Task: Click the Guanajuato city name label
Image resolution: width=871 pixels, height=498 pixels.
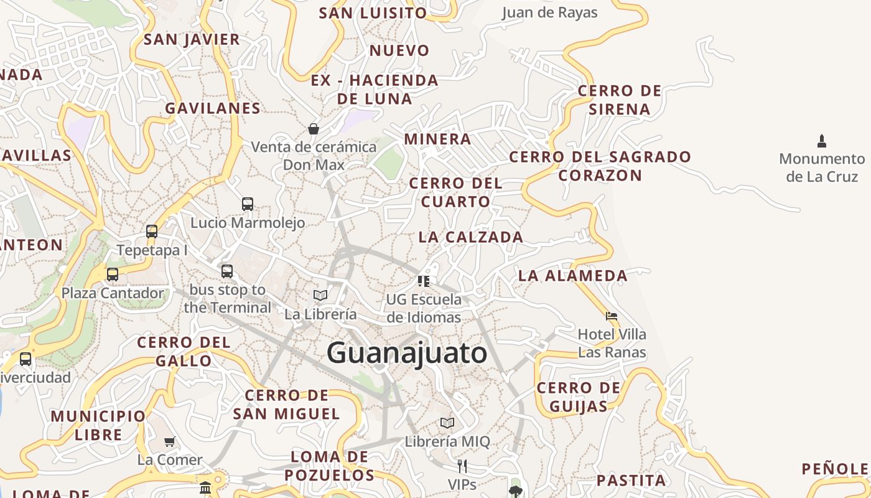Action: pos(407,353)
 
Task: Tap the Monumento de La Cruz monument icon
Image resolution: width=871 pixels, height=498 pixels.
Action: pos(822,141)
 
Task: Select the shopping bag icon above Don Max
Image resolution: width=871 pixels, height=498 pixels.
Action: pos(314,129)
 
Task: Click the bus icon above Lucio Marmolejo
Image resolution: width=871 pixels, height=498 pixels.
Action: pos(247,204)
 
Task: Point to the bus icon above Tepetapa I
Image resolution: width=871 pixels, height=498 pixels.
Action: pos(152,232)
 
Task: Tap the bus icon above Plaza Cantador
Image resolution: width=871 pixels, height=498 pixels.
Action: pos(113,274)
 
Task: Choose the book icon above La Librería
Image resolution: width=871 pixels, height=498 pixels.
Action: pos(320,295)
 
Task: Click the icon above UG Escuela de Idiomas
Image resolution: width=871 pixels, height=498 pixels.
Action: pos(424,281)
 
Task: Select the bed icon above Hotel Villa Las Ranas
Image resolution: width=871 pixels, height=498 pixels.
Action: pos(612,316)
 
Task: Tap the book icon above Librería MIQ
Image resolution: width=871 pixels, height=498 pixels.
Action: pos(447,423)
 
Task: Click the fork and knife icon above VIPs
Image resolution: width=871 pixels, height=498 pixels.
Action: pos(462,466)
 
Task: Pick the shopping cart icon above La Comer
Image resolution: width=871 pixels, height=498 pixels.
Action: pos(170,441)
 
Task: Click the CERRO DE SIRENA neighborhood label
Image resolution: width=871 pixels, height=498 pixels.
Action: pos(620,100)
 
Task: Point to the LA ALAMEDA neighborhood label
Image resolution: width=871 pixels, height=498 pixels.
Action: pos(573,275)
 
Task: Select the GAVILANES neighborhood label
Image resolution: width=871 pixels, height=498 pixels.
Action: pos(213,108)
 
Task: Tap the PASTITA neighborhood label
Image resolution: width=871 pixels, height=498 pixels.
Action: pos(631,480)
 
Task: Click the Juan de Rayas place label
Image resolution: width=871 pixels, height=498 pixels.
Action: pos(549,12)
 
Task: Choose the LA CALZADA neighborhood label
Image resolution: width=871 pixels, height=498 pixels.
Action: pos(471,237)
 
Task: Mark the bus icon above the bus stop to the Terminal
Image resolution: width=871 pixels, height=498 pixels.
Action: pos(227,271)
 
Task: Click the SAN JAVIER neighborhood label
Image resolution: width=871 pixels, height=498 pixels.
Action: pos(192,39)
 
